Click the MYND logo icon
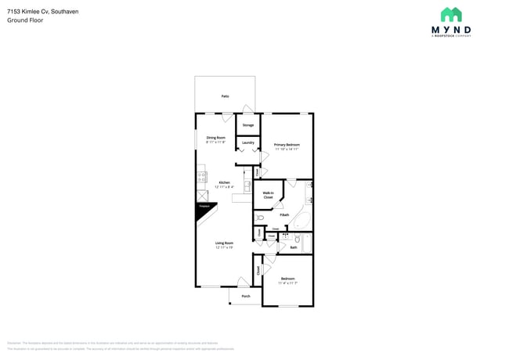(450, 15)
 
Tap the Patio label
(225, 96)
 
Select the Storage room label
(247, 125)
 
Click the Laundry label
(247, 142)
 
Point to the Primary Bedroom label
(287, 146)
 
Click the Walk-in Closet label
(268, 196)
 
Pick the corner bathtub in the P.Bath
(304, 220)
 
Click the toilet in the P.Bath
(259, 217)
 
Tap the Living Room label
(224, 245)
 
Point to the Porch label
(245, 297)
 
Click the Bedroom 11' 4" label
(288, 280)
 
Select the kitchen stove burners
(201, 176)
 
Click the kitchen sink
(247, 185)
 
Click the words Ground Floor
(25, 20)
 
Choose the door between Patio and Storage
(247, 110)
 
